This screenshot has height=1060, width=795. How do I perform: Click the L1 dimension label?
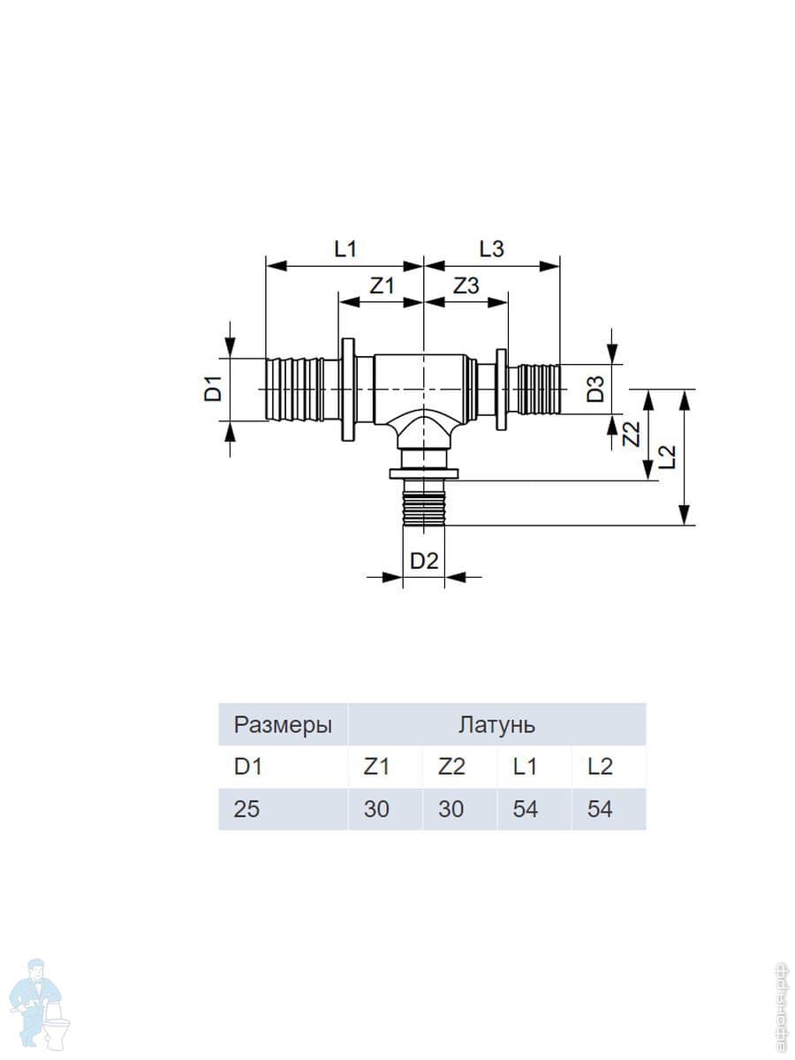[344, 249]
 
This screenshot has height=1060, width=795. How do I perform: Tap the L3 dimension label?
[491, 249]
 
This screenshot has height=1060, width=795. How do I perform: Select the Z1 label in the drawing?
[381, 285]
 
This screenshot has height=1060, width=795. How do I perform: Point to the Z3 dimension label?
[466, 285]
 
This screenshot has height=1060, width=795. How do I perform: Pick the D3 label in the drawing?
[598, 389]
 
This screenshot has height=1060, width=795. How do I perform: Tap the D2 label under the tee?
[425, 560]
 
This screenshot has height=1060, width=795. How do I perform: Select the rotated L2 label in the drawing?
[668, 456]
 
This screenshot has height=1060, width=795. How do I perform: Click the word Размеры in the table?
[283, 725]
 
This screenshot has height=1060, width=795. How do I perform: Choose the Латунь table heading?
[496, 725]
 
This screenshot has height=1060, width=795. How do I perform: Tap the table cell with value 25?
[247, 808]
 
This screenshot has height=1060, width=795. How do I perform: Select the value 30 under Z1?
[376, 808]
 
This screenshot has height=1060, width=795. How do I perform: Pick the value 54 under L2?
[600, 808]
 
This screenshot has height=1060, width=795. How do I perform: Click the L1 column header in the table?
[525, 767]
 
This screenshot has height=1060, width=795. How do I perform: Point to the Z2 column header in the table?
[450, 767]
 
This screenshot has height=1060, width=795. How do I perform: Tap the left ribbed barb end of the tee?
[294, 390]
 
